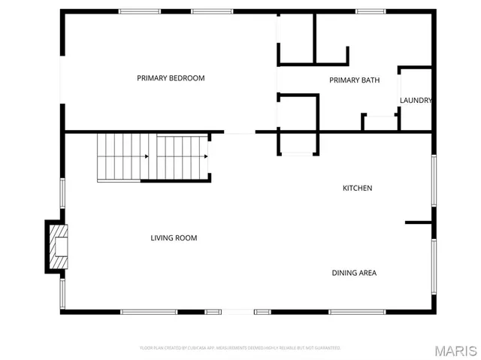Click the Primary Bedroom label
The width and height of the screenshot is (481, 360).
(x=171, y=78)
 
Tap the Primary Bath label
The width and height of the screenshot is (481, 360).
(x=354, y=80)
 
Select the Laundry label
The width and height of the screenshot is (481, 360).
(x=415, y=101)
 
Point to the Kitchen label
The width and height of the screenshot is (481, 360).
(x=357, y=188)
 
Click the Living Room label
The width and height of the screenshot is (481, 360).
(x=174, y=238)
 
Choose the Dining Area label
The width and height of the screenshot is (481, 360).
(x=354, y=273)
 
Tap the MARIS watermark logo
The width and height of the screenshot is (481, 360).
(x=455, y=350)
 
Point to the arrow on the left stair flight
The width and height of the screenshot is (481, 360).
(x=146, y=156)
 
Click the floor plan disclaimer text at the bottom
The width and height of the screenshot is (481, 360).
(x=240, y=348)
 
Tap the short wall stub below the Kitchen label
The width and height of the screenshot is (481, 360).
(x=419, y=222)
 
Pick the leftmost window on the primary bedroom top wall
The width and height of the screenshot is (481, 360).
(x=140, y=11)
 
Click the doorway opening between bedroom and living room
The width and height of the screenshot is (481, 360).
(x=240, y=133)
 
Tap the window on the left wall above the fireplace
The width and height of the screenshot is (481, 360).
(x=62, y=192)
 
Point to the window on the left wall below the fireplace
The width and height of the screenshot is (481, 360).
(x=62, y=293)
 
